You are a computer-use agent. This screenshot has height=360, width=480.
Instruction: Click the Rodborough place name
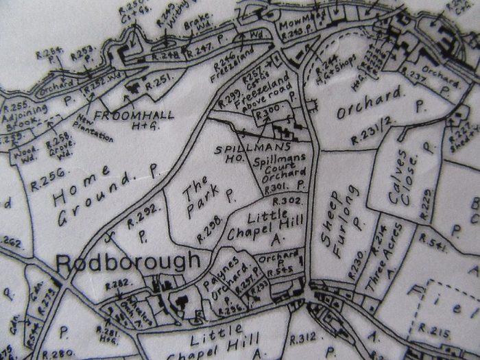coord(128,262)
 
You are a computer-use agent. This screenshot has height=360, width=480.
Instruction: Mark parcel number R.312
coord(302,337)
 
